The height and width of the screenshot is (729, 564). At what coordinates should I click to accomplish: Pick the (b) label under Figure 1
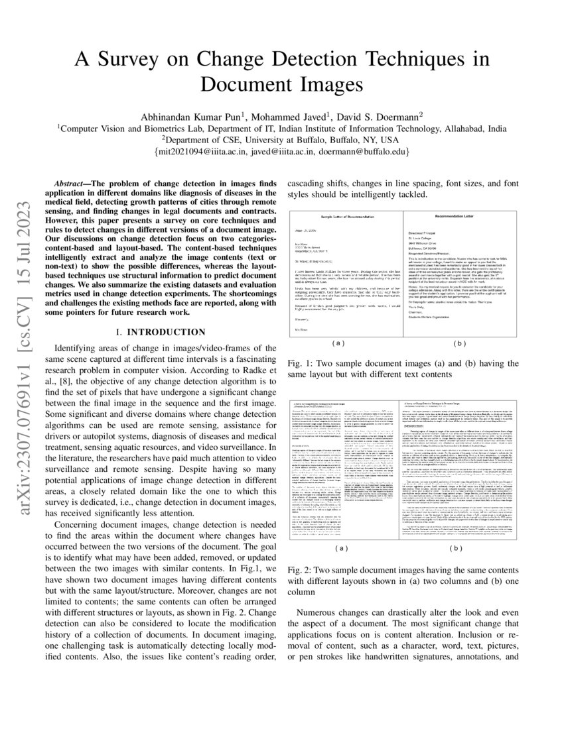[458, 343]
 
